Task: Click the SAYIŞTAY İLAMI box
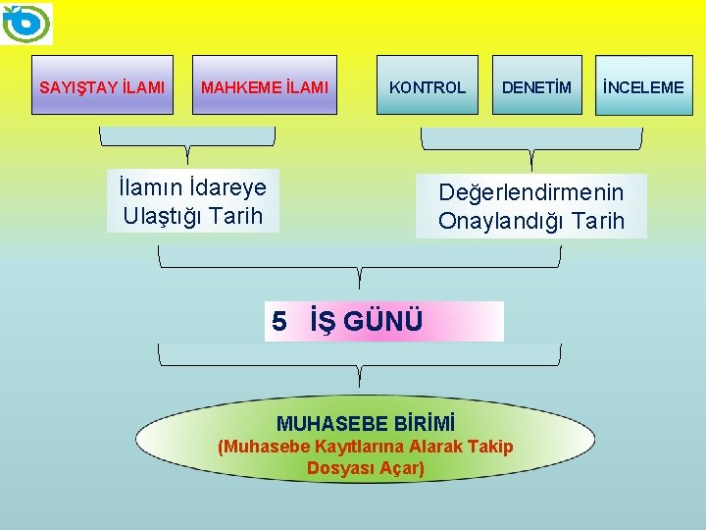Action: [102, 87]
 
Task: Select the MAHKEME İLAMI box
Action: [265, 87]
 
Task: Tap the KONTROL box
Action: [428, 87]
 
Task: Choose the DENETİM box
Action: [536, 87]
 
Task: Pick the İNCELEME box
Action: [643, 87]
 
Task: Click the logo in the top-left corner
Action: [27, 24]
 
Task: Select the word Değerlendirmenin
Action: [530, 191]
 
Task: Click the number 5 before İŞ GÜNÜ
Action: [279, 321]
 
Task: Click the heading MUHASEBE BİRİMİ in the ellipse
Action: [366, 424]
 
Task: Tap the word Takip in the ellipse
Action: [491, 447]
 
